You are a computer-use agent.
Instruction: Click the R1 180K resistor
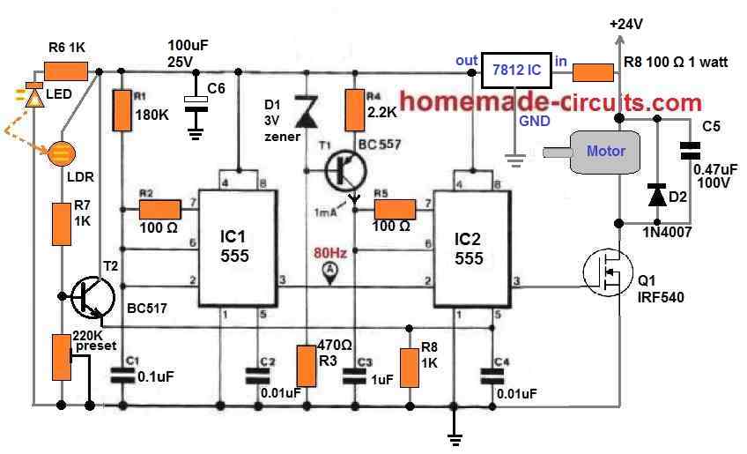click(x=122, y=108)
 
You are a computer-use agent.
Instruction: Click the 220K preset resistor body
click(x=63, y=357)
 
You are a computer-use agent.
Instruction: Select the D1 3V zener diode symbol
click(x=306, y=113)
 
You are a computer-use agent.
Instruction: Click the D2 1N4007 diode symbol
click(x=655, y=194)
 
